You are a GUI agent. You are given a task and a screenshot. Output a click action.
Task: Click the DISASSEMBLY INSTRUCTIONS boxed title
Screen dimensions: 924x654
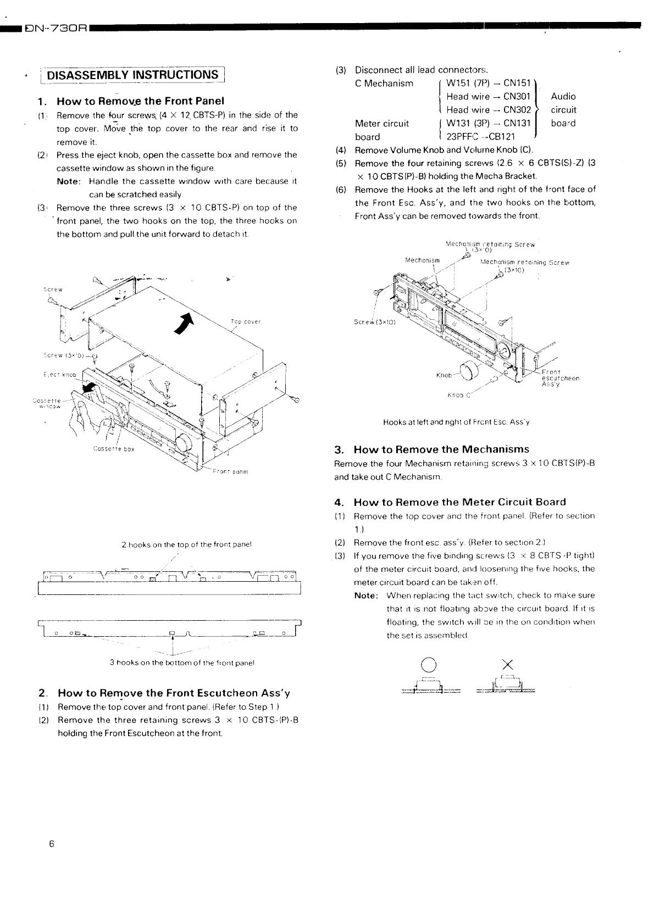point(133,75)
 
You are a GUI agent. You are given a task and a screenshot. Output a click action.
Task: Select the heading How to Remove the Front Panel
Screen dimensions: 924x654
point(141,101)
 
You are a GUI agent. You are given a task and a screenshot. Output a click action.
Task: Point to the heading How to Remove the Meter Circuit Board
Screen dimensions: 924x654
point(459,502)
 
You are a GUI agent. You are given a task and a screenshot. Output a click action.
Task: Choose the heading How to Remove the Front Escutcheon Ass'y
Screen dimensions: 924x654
point(174,693)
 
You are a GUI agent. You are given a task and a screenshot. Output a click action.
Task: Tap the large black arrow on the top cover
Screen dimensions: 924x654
point(186,323)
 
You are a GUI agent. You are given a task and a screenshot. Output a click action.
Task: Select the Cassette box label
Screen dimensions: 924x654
point(113,449)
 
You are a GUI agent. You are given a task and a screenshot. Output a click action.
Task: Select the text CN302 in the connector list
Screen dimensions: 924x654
point(517,110)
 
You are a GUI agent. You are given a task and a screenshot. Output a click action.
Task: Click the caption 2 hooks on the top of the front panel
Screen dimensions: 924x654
point(186,545)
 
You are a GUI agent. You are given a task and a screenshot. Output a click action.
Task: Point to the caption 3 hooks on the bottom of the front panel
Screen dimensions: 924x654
point(182,663)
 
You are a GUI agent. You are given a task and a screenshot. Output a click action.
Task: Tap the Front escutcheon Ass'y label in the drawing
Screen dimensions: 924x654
point(560,378)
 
